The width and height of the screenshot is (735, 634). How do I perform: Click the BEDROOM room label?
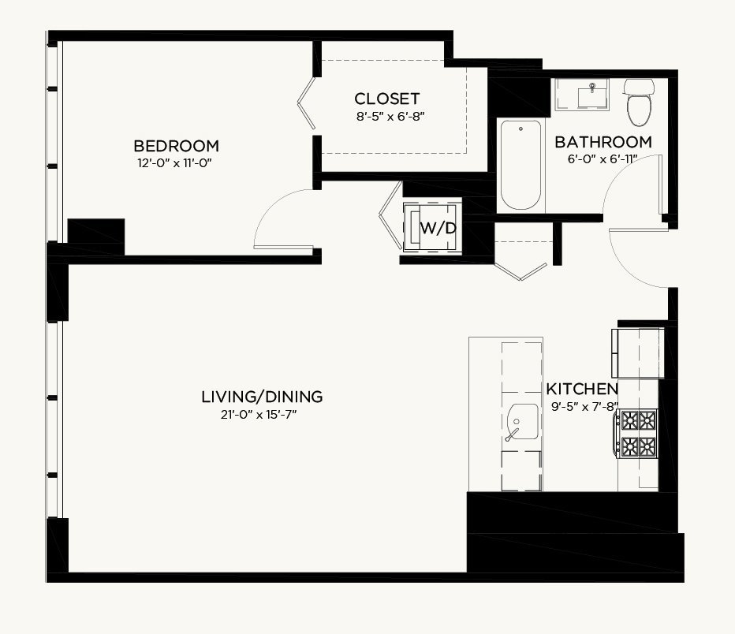coord(176,146)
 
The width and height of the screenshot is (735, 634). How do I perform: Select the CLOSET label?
coord(386,99)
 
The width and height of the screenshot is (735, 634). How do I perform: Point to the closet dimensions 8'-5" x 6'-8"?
coord(390,116)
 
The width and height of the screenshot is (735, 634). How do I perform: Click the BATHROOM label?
coord(603,141)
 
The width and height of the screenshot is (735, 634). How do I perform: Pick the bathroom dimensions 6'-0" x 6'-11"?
coord(603,158)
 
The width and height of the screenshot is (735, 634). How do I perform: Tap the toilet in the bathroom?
coord(639,103)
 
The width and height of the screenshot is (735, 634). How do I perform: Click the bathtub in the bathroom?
coord(520,165)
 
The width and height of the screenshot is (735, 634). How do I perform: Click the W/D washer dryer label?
coord(438,228)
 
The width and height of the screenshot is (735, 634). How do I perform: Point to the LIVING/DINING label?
coord(262,397)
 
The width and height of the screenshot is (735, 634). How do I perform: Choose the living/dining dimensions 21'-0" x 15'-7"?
coord(259,415)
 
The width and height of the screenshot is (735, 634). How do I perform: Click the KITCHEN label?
coord(582,389)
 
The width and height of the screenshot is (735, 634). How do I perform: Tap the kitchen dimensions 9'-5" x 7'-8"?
coord(584,406)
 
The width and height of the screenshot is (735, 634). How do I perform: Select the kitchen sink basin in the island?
coord(522,422)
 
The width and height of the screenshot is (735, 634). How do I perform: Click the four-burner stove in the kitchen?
coord(638,434)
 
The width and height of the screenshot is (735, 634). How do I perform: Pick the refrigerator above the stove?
coord(637,352)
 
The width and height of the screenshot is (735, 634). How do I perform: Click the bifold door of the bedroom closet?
coord(307,103)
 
